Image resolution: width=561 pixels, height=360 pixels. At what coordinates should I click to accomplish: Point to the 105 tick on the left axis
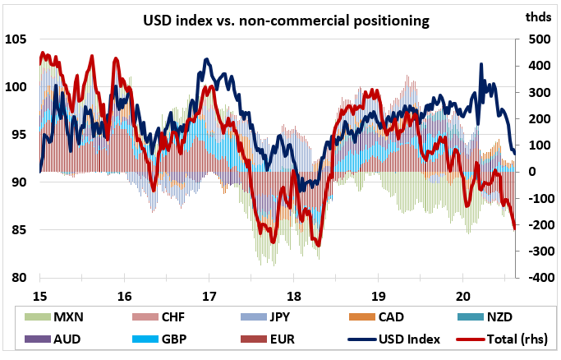coord(17,39)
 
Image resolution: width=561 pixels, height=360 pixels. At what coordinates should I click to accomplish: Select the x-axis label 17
coord(209,296)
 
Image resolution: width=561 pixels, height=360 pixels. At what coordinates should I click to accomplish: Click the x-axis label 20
coord(462,296)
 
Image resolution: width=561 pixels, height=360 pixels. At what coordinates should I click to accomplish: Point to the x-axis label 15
coord(39,296)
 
